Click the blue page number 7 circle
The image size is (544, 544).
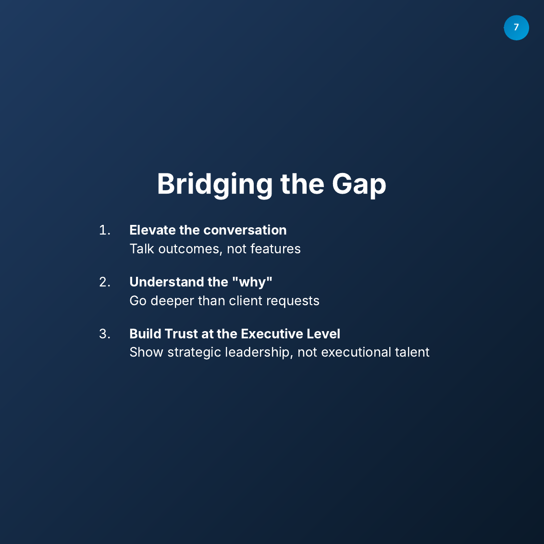[x=516, y=28]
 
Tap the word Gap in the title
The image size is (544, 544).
[x=359, y=184]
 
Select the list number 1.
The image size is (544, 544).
[x=104, y=230]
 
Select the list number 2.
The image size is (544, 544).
[x=104, y=282]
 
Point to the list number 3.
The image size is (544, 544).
[x=104, y=334]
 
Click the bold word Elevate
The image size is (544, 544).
[x=152, y=230]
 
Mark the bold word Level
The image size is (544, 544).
[x=323, y=334]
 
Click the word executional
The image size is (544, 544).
[x=356, y=352]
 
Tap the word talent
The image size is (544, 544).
[x=412, y=352]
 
